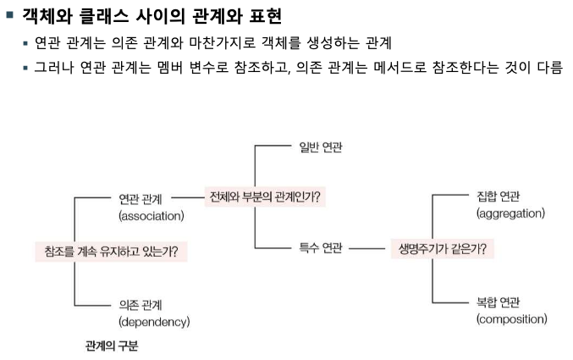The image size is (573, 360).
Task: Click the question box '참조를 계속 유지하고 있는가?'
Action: click(x=110, y=251)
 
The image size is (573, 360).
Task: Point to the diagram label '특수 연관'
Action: click(x=321, y=250)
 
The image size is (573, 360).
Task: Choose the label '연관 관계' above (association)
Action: click(x=140, y=200)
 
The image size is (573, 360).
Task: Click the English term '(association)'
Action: click(x=151, y=216)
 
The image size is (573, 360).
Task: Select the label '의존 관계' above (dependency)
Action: click(x=140, y=305)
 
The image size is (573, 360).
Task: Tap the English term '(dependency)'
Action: click(x=153, y=322)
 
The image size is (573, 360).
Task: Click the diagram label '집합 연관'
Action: click(x=499, y=197)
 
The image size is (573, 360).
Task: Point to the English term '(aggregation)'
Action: click(x=510, y=213)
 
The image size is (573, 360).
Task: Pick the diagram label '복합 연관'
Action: click(x=499, y=302)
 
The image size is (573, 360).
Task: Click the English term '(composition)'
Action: click(x=511, y=319)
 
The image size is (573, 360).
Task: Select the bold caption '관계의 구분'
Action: click(x=111, y=346)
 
